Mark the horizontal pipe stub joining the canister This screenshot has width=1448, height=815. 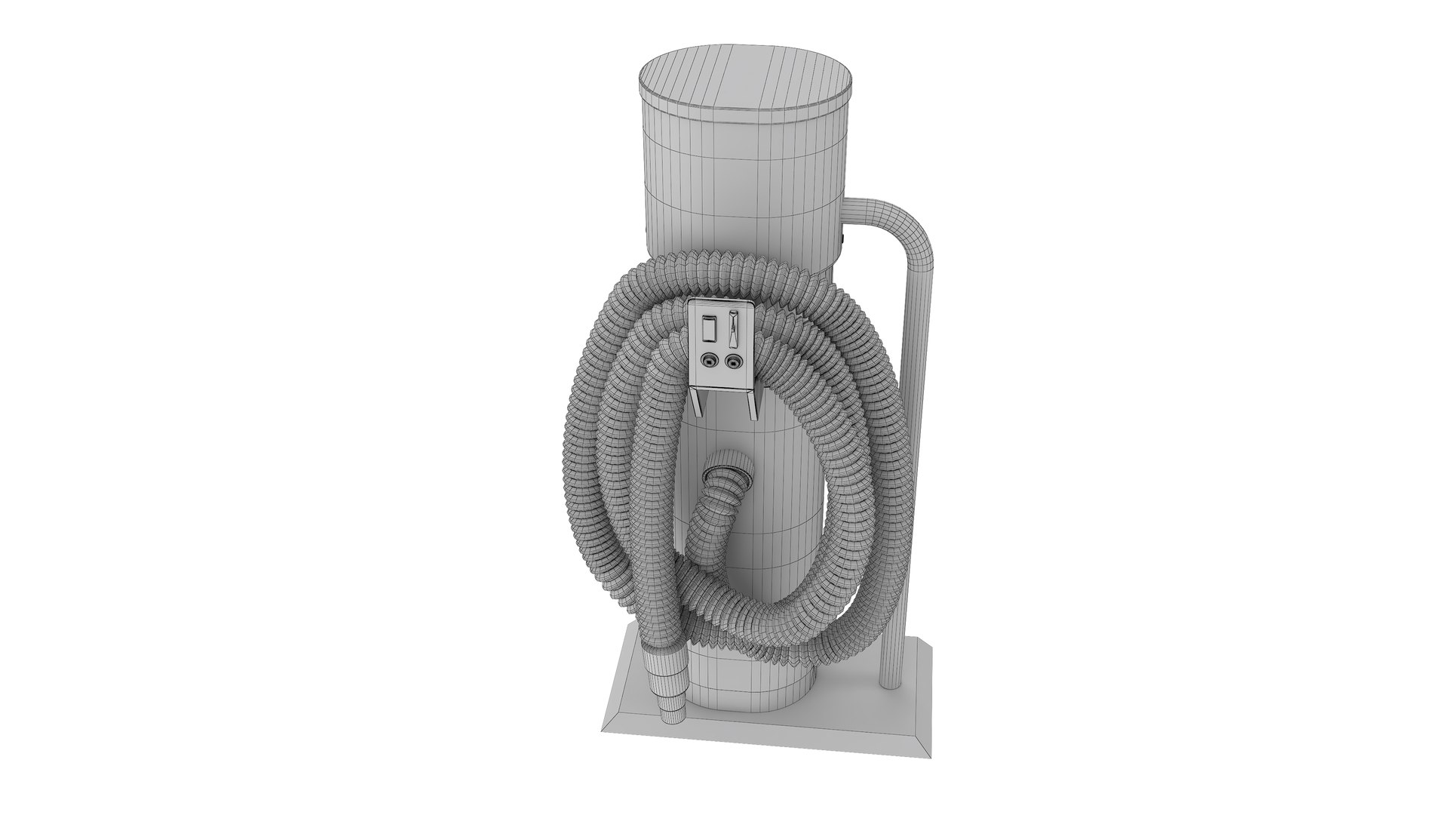pos(862,212)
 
